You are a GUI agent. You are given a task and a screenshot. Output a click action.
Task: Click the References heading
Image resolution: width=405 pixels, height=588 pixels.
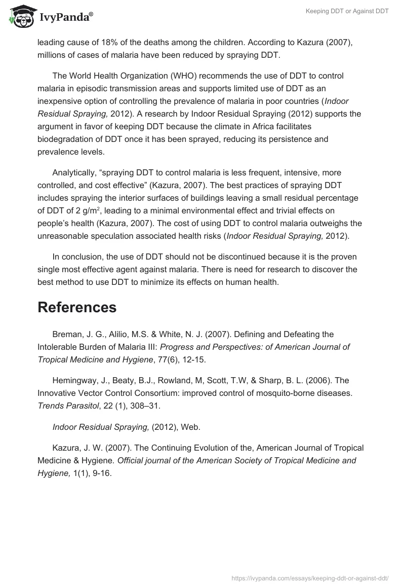point(77,307)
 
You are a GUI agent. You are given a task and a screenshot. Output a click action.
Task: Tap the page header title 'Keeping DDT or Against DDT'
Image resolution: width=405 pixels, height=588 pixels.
point(347,11)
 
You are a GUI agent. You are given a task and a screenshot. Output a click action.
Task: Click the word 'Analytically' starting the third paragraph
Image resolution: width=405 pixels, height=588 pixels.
point(74,172)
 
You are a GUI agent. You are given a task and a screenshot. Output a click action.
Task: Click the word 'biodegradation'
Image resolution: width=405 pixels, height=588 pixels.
point(63,139)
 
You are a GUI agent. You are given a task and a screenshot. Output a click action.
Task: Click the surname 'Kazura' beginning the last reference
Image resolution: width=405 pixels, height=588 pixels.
point(65,448)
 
